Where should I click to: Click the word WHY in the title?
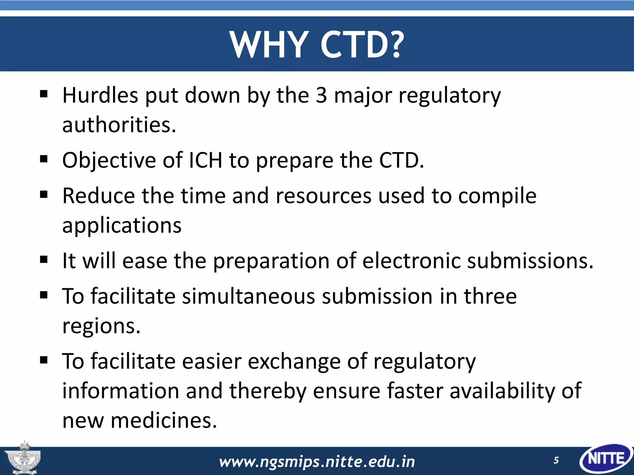tap(269, 45)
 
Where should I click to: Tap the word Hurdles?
tap(100, 95)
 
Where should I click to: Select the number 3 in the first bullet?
tap(321, 95)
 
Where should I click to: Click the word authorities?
tap(119, 125)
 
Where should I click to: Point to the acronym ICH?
tap(205, 160)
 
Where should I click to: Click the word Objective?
tap(109, 160)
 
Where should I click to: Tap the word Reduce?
tap(98, 196)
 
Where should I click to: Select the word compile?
tap(497, 196)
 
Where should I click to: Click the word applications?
tap(122, 225)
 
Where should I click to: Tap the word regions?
tap(101, 326)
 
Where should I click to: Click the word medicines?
tap(164, 421)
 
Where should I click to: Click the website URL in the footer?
tap(317, 462)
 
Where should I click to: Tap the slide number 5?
tap(556, 460)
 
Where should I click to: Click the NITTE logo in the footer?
tap(606, 459)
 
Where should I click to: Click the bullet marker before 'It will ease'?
tap(44, 259)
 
